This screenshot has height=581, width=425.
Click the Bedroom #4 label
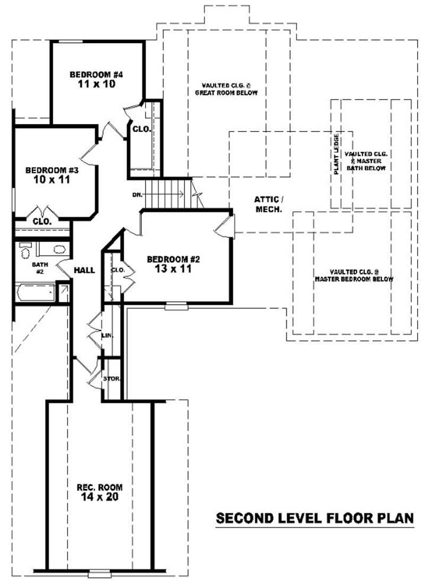coord(96,74)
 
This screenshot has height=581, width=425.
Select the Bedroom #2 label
coord(173,259)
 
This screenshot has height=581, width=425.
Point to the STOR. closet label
coord(112,379)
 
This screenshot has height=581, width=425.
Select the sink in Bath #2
coord(58,249)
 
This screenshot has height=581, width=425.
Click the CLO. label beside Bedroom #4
coord(141,129)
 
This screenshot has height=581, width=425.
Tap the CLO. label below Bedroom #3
coord(41,221)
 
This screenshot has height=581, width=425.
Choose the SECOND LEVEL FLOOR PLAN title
coord(314,518)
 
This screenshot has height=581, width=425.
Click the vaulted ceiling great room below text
coord(229,89)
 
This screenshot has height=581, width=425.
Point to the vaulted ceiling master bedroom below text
coord(353,275)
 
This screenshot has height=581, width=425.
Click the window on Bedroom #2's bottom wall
coord(176,306)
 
